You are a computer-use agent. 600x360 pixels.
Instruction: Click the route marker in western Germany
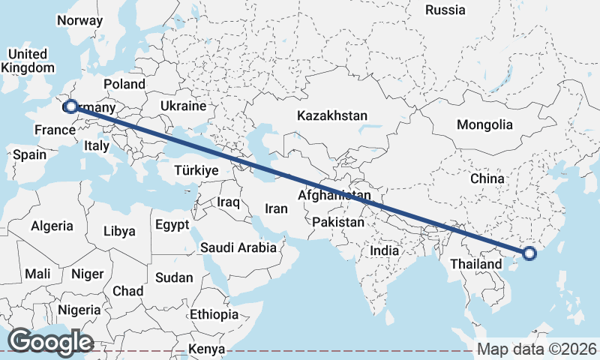click(70, 106)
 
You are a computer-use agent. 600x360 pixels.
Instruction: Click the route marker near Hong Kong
click(529, 253)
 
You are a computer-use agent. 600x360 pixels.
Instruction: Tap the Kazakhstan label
click(332, 115)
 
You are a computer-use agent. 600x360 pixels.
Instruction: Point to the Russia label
click(445, 10)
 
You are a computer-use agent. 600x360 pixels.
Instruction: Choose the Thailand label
click(475, 265)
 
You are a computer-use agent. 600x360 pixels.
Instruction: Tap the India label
click(385, 250)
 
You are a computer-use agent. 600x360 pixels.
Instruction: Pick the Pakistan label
click(338, 222)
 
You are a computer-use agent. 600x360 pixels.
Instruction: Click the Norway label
click(79, 20)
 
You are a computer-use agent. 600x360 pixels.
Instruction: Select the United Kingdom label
click(28, 61)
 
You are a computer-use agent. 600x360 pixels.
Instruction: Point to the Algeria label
click(52, 225)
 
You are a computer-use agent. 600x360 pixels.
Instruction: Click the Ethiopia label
click(214, 314)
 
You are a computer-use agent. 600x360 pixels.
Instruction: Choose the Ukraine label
click(183, 106)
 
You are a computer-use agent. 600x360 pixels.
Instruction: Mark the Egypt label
click(172, 224)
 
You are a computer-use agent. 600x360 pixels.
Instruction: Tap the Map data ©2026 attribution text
click(537, 349)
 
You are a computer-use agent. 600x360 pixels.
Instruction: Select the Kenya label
click(207, 349)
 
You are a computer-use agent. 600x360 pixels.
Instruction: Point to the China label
click(487, 178)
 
